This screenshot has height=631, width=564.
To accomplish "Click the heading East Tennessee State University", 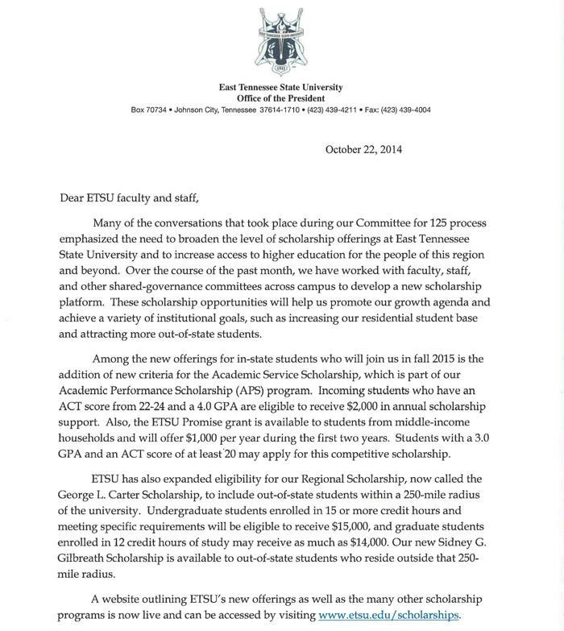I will (x=281, y=87).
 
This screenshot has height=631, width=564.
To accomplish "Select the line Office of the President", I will (x=281, y=98).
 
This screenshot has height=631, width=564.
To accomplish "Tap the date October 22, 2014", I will (x=363, y=149).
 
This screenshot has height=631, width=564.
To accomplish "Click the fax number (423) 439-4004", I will (x=404, y=110).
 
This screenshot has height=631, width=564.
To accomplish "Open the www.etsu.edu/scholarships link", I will (x=389, y=616).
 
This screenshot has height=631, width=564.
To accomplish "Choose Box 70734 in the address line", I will (x=150, y=110).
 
